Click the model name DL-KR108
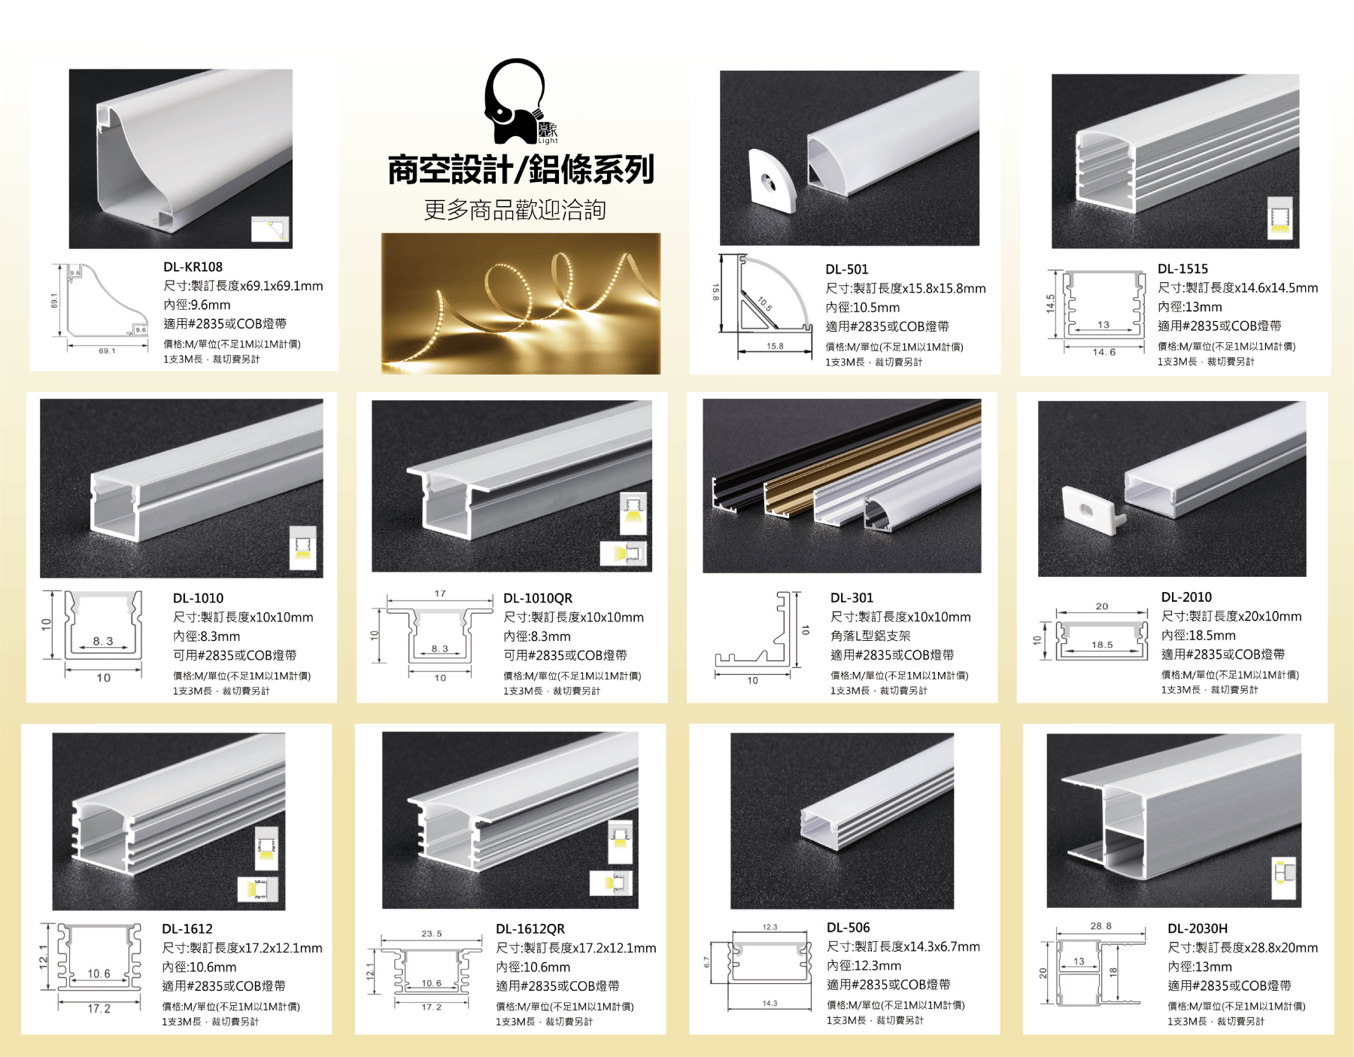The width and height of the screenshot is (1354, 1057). (x=193, y=267)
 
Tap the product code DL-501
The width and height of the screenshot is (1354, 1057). (x=847, y=269)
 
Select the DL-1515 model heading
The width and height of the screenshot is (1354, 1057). (x=1183, y=269)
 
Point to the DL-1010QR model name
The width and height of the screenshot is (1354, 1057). (x=538, y=598)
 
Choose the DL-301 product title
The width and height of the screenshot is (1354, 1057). (x=852, y=598)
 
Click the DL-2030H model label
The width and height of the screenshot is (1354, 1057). (x=1198, y=929)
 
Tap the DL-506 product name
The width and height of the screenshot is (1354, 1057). (x=849, y=928)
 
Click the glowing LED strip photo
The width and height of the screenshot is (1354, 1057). (x=521, y=303)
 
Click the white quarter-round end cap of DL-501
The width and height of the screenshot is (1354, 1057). (x=773, y=181)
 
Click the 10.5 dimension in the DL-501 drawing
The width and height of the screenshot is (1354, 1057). (x=765, y=304)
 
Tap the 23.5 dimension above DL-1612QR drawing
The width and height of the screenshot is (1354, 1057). (x=432, y=934)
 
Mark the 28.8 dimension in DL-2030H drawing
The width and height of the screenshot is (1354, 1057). (x=1101, y=926)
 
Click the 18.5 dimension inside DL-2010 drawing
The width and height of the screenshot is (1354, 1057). (x=1102, y=645)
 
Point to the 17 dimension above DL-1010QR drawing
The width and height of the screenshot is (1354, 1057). (x=440, y=594)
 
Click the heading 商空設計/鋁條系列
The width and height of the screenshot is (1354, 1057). (x=521, y=170)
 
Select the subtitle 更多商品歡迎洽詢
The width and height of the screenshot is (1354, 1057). (x=515, y=210)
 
